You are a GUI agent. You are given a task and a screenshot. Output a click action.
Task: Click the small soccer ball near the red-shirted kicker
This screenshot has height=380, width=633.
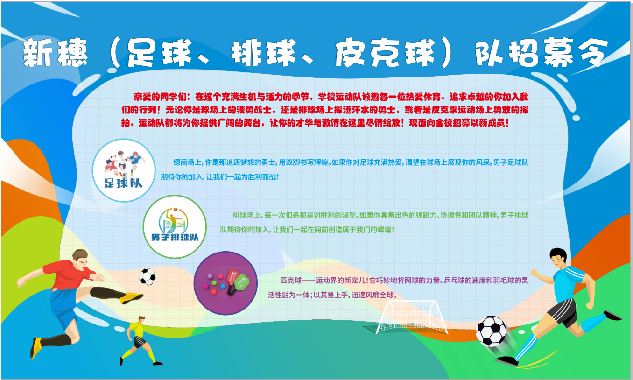tap(147, 276)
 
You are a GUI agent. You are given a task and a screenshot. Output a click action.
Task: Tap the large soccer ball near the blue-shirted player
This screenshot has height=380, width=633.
tap(491, 331)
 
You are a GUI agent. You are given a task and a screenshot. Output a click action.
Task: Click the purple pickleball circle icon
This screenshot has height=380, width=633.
tap(225, 283)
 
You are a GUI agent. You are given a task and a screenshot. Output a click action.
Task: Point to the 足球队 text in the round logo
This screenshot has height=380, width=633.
tap(124, 183)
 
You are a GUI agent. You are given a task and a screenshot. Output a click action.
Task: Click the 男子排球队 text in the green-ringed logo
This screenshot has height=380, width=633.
tap(175, 237)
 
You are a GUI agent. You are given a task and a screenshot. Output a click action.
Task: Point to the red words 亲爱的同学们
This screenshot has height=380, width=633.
tap(160, 97)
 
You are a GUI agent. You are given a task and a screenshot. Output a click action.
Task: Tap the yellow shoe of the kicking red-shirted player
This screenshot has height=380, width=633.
tap(131, 297)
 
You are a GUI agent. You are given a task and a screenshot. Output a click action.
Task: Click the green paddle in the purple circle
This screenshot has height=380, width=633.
tap(241, 282)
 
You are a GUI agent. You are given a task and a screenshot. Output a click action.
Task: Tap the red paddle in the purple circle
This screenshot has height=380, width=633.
tap(232, 277)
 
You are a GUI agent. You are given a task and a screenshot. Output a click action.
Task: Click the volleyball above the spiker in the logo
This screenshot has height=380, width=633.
tap(176, 210)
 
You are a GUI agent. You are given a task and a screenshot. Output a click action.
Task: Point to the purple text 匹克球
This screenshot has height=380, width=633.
tap(291, 280)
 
